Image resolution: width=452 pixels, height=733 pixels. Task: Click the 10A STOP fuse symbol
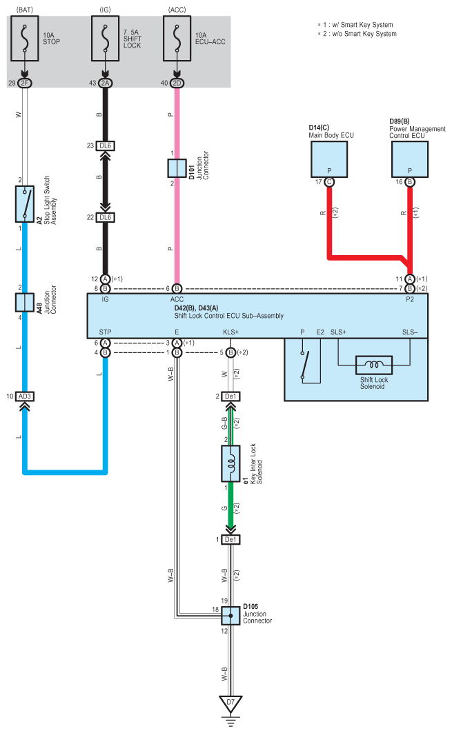click(x=25, y=39)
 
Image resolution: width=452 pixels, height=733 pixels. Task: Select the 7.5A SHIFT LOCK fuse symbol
click(x=106, y=39)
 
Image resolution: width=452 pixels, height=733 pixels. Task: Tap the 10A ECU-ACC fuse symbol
click(x=177, y=39)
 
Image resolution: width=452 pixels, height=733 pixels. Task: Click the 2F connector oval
click(x=25, y=83)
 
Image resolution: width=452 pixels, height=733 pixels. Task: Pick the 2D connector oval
click(x=177, y=83)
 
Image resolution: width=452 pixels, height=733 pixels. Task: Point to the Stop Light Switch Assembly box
click(x=25, y=204)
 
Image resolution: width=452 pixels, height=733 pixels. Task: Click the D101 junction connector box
click(x=177, y=168)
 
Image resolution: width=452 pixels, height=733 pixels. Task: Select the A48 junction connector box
click(x=25, y=303)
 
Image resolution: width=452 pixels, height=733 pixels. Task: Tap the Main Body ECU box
click(x=329, y=159)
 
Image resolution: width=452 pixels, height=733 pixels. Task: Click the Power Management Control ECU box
click(x=410, y=159)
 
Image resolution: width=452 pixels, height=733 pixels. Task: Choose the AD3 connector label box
click(x=25, y=396)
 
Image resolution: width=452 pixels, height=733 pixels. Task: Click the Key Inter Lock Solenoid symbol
click(x=230, y=463)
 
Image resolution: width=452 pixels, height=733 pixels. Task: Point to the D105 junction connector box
click(x=230, y=616)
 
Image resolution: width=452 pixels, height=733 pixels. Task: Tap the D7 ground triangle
click(x=230, y=703)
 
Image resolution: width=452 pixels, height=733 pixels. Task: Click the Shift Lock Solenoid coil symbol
click(x=374, y=365)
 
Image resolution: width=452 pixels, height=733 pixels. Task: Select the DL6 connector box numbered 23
click(x=106, y=146)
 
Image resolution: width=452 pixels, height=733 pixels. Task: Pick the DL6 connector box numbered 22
click(x=106, y=217)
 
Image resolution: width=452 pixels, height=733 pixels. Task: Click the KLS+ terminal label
click(x=230, y=332)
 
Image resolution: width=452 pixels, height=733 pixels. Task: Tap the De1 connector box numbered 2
click(x=230, y=396)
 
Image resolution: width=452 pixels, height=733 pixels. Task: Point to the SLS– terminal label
click(x=410, y=332)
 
